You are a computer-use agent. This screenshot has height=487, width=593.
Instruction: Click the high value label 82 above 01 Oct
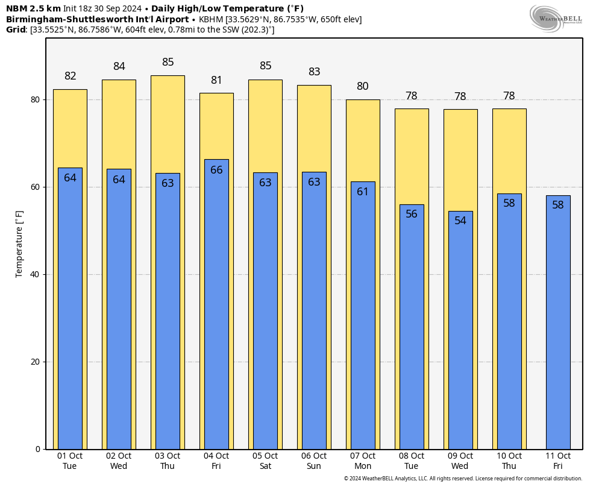pos(71,76)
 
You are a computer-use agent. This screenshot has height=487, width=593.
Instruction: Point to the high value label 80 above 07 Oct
pos(363,86)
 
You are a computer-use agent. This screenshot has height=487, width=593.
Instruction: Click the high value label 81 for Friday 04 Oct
pos(216,80)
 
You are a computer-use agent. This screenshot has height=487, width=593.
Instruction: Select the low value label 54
pos(460,221)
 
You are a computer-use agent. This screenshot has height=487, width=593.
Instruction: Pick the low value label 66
pos(216,170)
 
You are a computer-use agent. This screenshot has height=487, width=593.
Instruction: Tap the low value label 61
pos(363,192)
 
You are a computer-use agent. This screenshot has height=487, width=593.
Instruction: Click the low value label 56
pos(412,214)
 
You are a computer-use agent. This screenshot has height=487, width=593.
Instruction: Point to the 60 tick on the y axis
pos(35,187)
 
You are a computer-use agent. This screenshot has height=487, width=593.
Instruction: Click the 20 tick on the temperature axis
pos(35,362)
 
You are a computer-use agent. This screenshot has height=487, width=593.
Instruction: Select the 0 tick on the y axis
pos(37,449)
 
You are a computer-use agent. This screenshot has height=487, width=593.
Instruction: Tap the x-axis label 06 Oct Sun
pos(314,461)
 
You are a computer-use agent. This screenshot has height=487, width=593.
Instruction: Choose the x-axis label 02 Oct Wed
pos(119,461)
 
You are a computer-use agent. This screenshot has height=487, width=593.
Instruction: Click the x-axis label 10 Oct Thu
pos(509,461)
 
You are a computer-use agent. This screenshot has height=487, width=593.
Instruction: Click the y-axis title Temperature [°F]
pos(19,243)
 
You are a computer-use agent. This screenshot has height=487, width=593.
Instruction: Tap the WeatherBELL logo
pos(556,17)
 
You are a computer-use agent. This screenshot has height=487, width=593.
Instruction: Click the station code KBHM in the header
pos(211,19)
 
